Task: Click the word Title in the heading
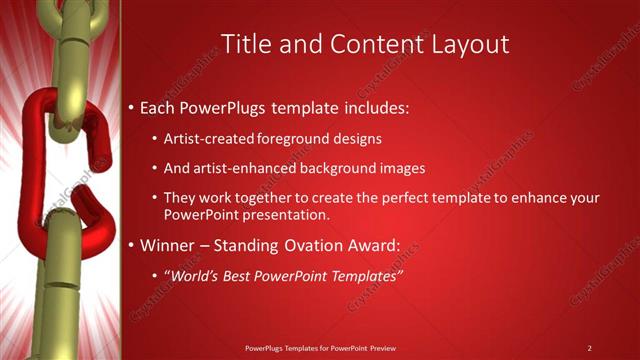pos(243,44)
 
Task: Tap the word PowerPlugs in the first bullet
pos(225,106)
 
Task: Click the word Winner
pos(169,245)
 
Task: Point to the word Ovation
pos(309,245)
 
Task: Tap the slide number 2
pos(590,348)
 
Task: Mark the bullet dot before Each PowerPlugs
pos(132,106)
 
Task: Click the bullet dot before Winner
pos(132,245)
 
